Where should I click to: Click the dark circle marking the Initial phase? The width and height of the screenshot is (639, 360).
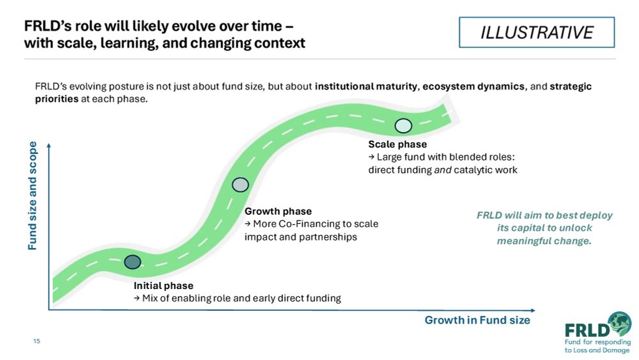[x=132, y=262]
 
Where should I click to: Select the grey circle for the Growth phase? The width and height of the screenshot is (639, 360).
[x=240, y=185]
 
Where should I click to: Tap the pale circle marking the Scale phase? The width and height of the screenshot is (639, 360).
[x=403, y=126]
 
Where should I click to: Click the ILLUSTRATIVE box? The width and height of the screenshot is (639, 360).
[x=537, y=32]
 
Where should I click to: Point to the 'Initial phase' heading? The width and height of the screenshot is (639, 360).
[x=164, y=286]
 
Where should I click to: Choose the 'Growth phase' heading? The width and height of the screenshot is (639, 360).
[x=278, y=211]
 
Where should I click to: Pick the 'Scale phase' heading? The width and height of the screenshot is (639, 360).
[x=397, y=145]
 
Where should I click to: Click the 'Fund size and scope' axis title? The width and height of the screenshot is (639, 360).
[x=32, y=196]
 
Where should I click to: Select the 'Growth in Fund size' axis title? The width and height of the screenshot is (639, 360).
[x=477, y=320]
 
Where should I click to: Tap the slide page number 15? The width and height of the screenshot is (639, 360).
[x=36, y=341]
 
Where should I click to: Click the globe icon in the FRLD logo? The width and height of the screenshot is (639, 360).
[x=620, y=324]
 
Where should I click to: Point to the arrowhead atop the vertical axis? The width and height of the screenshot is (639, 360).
[x=49, y=145]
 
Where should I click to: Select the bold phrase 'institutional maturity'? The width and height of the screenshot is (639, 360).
[x=366, y=86]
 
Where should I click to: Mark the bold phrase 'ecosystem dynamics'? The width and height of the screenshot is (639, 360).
[x=473, y=86]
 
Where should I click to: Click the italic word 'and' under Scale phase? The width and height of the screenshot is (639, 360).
[x=443, y=170]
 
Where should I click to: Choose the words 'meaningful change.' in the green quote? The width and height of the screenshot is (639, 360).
[x=544, y=241]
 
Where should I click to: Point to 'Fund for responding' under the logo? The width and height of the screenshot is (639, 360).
[x=597, y=342]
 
